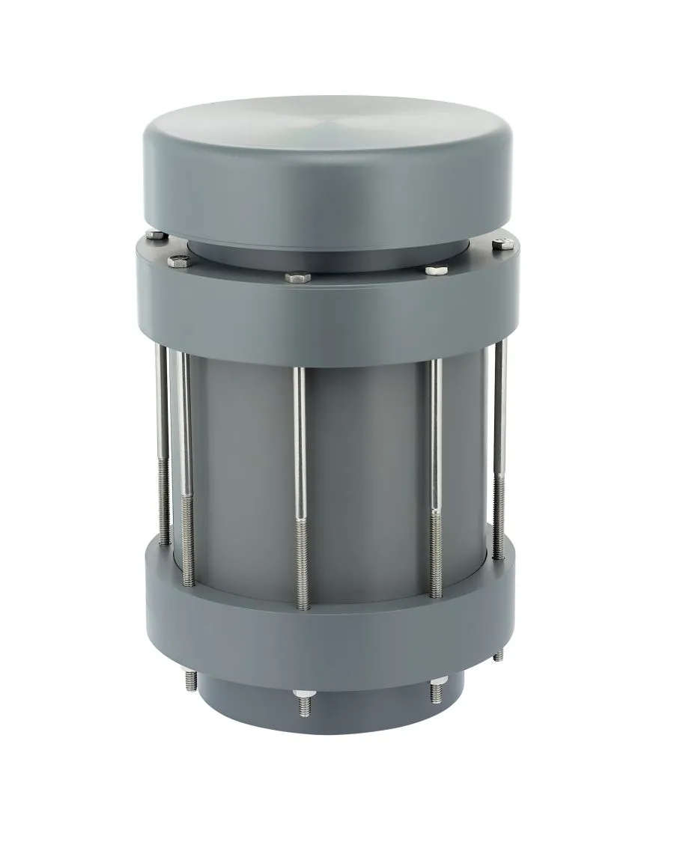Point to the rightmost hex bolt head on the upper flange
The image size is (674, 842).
[500, 243]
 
